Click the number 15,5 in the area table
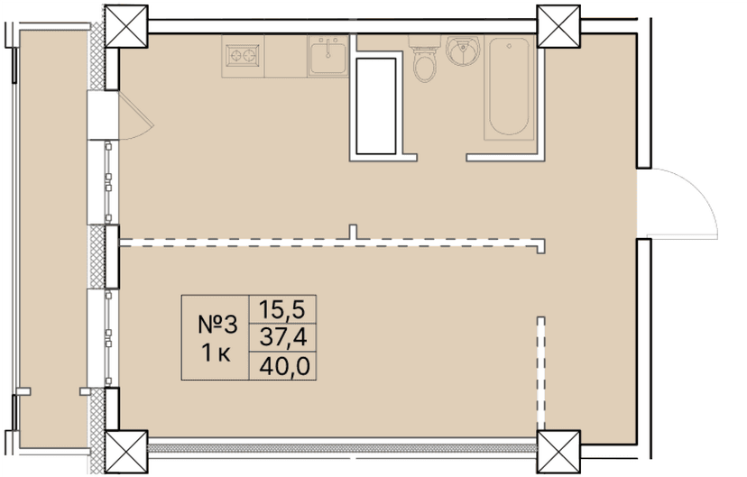pos(282,308)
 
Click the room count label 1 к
pos(215,353)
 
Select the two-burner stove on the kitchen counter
pos(242,55)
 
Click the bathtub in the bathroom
pos(510,88)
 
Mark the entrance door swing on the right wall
pos(686,203)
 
